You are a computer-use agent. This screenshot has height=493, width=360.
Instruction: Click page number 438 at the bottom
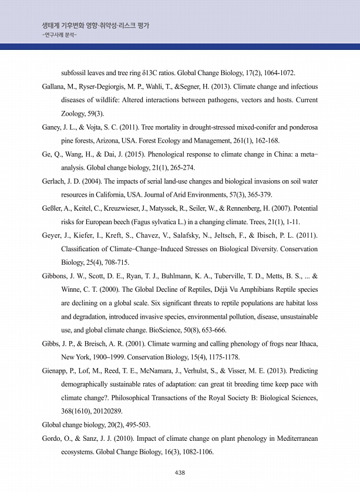pyautogui.click(x=180, y=473)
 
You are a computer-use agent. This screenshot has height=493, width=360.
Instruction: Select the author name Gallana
pyautogui.click(x=53, y=86)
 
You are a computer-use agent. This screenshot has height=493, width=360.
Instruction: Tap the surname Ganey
pyautogui.click(x=52, y=127)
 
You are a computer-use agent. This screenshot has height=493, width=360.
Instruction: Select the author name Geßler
pyautogui.click(x=52, y=208)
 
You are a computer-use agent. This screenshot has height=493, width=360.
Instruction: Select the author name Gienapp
pyautogui.click(x=56, y=370)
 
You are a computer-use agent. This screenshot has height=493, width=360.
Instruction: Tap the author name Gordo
pyautogui.click(x=52, y=438)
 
